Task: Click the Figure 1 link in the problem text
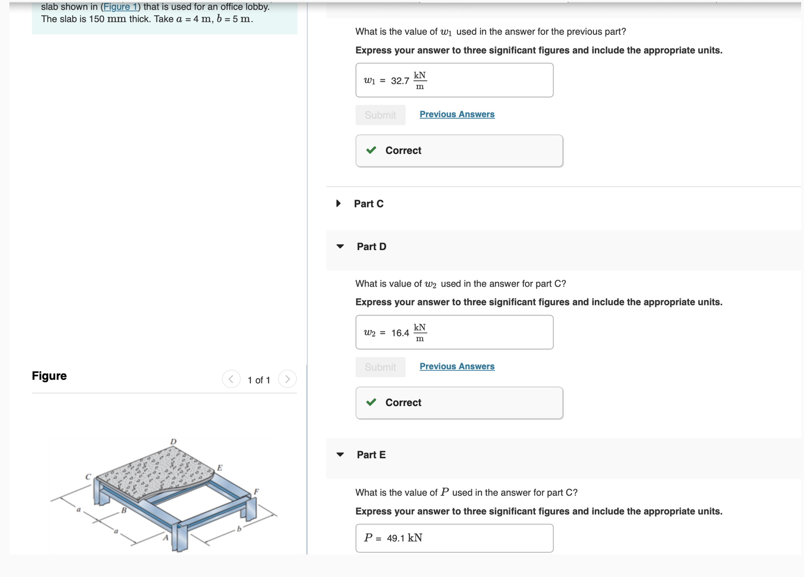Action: coord(120,7)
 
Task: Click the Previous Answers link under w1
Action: coord(456,114)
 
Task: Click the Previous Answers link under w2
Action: coord(456,366)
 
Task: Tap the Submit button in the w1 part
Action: coord(380,115)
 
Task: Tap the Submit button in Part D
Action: coord(380,367)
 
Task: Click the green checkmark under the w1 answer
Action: coord(371,150)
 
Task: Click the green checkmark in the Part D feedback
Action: coord(371,402)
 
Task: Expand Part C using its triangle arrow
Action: coord(338,204)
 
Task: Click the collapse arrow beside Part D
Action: coord(340,246)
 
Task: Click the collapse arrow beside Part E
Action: coord(340,455)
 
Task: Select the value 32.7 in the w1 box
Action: coord(400,81)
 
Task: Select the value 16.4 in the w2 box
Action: coord(400,333)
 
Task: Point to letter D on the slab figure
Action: coord(174,441)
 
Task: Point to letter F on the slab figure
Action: coord(256,491)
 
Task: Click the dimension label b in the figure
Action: coord(239,529)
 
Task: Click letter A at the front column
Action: coord(166,538)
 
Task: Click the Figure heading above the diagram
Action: coord(49,376)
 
